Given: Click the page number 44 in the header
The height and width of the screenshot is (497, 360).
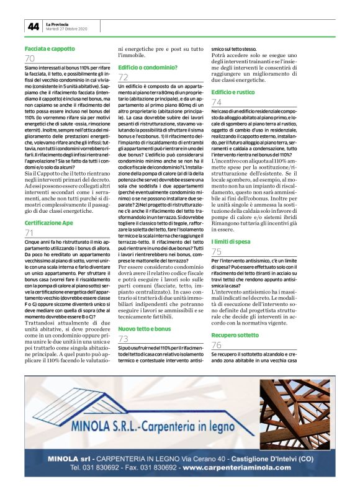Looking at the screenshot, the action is [x=33, y=27].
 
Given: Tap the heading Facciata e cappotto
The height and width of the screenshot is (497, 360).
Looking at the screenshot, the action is [x=50, y=48].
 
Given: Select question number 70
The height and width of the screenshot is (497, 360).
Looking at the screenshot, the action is [x=30, y=58].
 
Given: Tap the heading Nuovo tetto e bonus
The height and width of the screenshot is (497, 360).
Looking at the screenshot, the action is [x=144, y=328].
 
